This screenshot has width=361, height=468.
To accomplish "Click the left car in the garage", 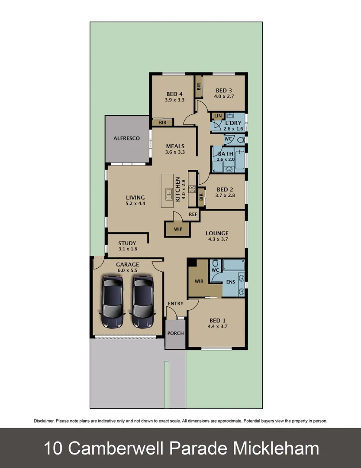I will point(113,302).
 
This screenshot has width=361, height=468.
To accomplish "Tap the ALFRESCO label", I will point(126,138).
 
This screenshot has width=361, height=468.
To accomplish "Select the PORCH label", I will point(175,333).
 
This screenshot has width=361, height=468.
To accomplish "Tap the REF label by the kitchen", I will point(193,214).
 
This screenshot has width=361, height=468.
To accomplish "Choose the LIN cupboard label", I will point(218,116).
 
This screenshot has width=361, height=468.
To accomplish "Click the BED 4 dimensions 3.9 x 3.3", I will point(175,100).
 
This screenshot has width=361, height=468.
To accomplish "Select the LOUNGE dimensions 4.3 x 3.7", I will point(217,239).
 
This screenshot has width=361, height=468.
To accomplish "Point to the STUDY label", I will point(127,243).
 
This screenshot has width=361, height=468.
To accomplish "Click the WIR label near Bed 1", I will point(199,281).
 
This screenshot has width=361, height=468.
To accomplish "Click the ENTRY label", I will point(175,303).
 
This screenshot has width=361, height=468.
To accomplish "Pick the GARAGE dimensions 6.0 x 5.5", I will point(127,270).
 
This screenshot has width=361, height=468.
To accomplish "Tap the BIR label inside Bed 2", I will point(201,197).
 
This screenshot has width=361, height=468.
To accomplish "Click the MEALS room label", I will point(175,146).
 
